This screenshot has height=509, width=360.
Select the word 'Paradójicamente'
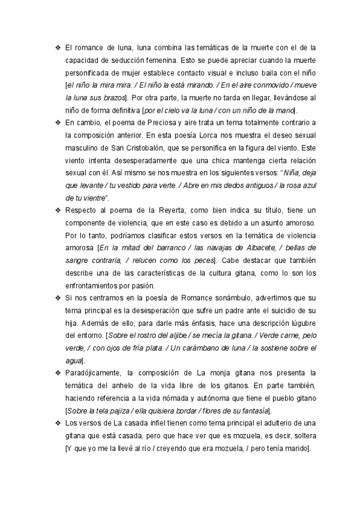click(x=96, y=373)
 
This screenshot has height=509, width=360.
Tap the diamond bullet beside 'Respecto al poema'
click(x=58, y=211)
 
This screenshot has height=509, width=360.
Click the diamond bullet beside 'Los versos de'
click(x=58, y=423)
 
